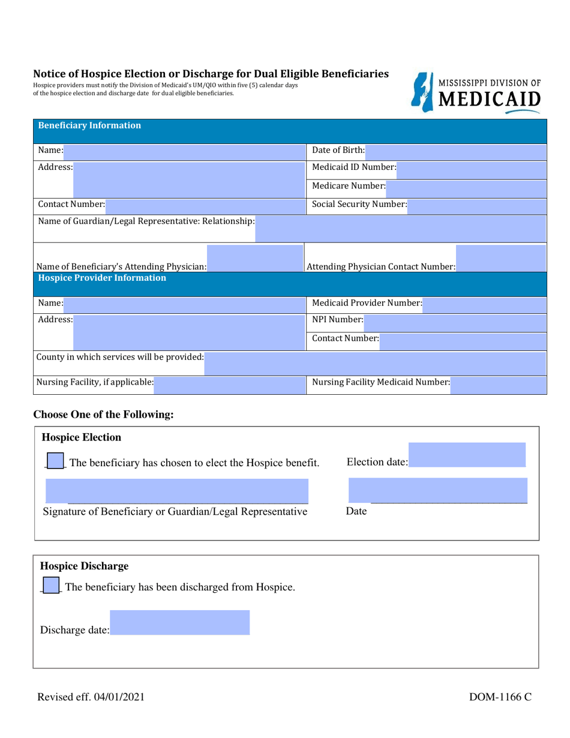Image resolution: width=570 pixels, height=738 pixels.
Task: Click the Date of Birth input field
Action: point(455,152)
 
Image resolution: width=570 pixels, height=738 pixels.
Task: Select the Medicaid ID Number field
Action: point(471,169)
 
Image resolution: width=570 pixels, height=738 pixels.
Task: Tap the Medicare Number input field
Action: point(466,188)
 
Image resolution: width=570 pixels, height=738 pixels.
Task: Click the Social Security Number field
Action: point(476,206)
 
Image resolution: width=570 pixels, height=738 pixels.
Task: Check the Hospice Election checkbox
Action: point(55,461)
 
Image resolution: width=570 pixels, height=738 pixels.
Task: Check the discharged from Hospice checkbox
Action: point(52,585)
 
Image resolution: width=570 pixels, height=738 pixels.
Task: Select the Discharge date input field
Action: point(179,623)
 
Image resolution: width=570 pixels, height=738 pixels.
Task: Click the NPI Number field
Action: point(455,322)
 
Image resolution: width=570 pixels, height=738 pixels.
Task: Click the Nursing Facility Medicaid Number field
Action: point(498,385)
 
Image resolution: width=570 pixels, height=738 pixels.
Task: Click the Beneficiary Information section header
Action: point(90,126)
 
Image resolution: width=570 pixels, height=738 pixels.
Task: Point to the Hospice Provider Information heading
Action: point(102,278)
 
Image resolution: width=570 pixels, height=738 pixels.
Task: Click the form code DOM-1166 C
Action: point(500,697)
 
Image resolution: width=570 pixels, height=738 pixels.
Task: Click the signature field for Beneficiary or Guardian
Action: point(177,491)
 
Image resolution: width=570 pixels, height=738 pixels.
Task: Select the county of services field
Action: point(374,363)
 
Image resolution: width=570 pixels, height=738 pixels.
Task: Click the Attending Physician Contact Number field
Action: point(500,258)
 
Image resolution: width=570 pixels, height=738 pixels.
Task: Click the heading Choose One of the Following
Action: point(103,415)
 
